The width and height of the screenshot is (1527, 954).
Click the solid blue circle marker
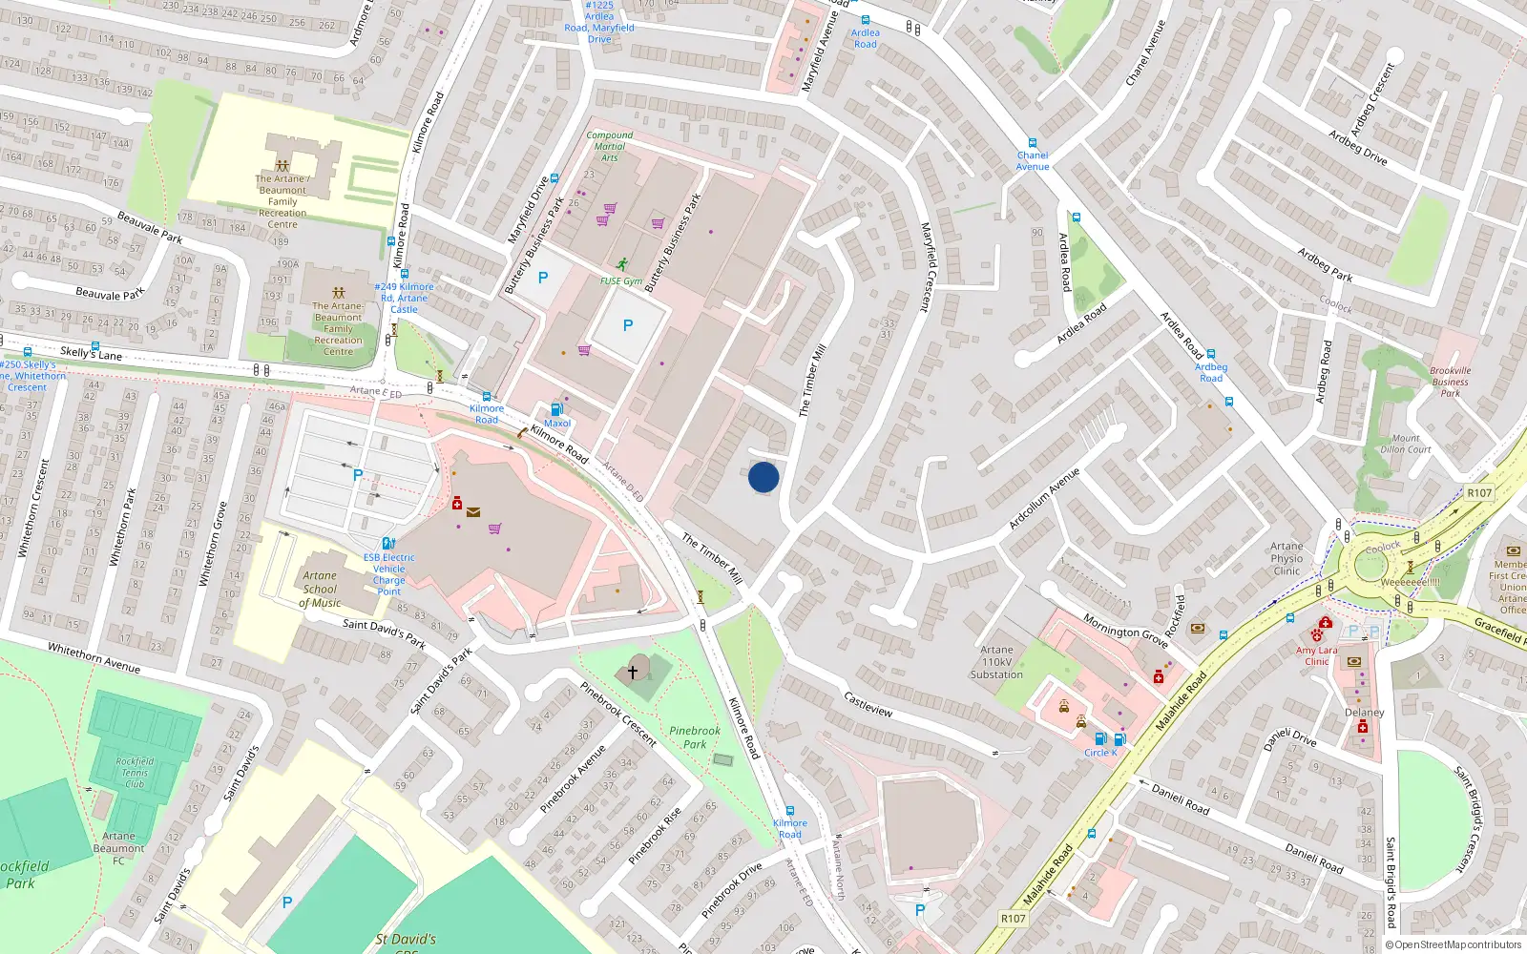[x=763, y=477]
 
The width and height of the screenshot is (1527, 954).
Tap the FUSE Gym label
[x=621, y=281]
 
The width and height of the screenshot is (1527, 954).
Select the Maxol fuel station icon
[x=557, y=409]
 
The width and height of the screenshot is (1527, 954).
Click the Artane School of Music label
[x=320, y=589]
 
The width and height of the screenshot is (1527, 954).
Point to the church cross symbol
[x=632, y=673]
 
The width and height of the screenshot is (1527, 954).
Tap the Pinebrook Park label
[x=695, y=737]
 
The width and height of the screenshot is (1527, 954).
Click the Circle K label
[x=1099, y=753]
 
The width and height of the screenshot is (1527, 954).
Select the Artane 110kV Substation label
[x=996, y=662]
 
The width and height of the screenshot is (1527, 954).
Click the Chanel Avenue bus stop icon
[x=1032, y=143]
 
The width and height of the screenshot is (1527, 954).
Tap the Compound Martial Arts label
[x=609, y=146]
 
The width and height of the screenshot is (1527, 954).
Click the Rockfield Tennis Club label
[x=135, y=773]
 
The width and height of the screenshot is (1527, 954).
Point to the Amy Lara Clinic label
[x=1317, y=655]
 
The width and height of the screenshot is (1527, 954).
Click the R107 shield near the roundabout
[x=1478, y=492]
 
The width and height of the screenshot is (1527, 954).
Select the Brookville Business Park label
[x=1450, y=382]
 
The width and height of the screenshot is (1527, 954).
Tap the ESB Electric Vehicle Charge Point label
[x=388, y=574]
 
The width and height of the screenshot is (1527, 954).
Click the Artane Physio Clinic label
[x=1286, y=559]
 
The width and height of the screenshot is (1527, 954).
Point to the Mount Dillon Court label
[x=1405, y=444]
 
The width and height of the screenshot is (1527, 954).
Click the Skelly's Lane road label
[x=92, y=354]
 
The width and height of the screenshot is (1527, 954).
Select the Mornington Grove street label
[x=1125, y=631]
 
